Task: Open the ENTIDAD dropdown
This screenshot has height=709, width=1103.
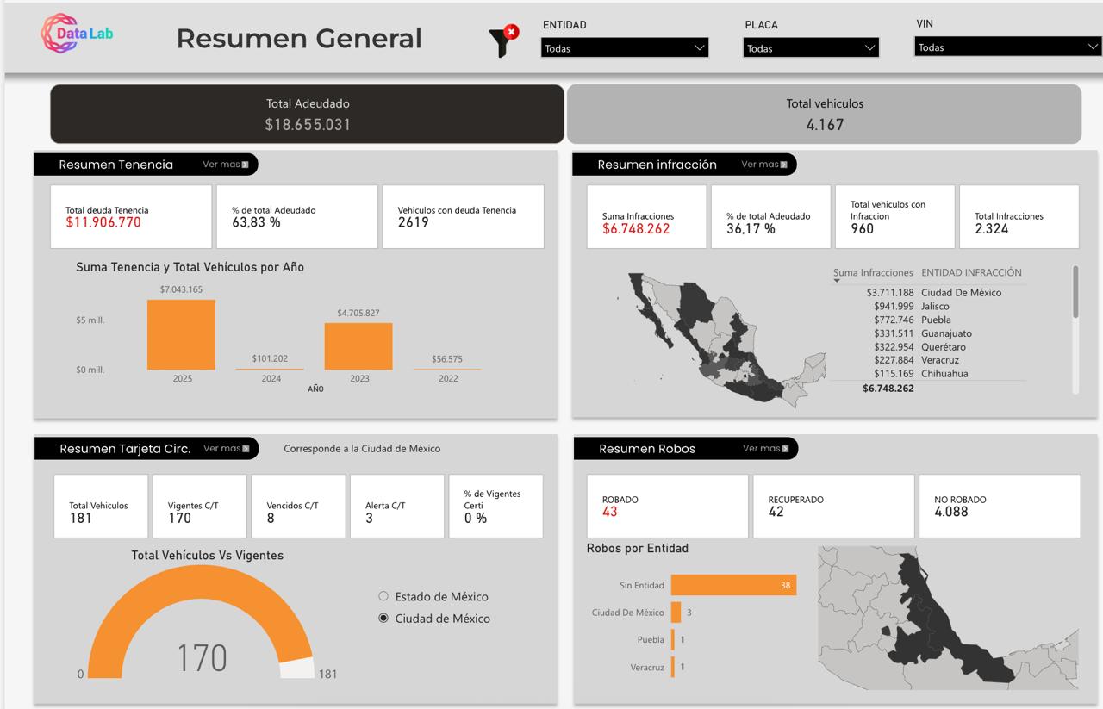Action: point(625,48)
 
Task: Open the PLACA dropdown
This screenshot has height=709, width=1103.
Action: point(810,48)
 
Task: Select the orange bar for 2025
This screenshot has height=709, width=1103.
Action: point(181,335)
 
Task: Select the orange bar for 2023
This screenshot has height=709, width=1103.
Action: point(358,346)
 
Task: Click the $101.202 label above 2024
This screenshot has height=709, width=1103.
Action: point(270,358)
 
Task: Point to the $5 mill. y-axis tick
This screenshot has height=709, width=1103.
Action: point(90,320)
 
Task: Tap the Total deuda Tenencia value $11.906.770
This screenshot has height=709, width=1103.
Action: point(103,222)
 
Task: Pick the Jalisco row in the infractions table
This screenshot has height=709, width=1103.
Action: point(935,306)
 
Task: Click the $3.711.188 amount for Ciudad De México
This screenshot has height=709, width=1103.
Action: point(890,293)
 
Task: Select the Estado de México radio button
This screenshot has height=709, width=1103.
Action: point(383,596)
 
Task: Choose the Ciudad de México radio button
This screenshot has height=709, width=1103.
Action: point(383,619)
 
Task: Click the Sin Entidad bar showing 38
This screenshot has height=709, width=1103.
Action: point(733,585)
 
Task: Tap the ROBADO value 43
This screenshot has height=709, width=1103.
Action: point(610,512)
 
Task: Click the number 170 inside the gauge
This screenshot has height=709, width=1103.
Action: point(202,658)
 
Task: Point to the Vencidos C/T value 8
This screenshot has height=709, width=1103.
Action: point(271,519)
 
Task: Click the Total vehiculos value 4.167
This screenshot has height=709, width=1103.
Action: point(825,125)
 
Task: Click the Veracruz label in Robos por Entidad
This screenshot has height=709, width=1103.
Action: point(646,668)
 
